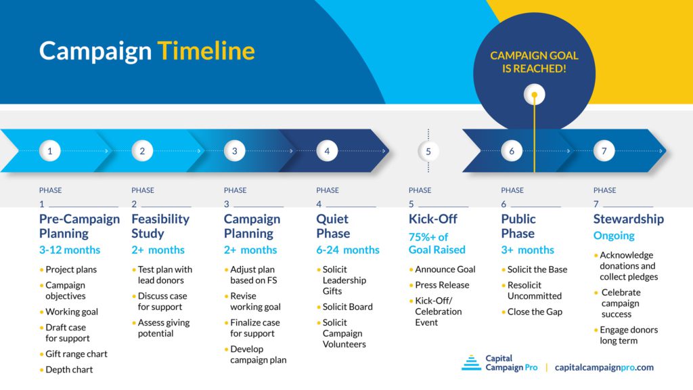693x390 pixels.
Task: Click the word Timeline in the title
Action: [206, 51]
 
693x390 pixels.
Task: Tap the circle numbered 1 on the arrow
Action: [49, 151]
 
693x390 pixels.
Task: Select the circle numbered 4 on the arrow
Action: [327, 151]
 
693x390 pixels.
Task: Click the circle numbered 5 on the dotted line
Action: [428, 151]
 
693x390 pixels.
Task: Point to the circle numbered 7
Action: [604, 151]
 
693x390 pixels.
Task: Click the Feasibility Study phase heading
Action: [160, 226]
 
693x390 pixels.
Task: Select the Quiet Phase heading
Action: [333, 226]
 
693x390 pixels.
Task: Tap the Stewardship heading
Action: [628, 219]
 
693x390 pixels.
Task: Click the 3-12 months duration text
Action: [70, 250]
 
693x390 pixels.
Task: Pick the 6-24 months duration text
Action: [348, 250]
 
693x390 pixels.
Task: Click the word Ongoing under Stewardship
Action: [614, 236]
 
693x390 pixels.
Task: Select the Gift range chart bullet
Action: [76, 354]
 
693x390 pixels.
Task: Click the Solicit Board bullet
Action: [347, 307]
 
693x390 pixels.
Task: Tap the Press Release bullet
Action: [442, 285]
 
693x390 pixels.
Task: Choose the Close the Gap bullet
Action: [535, 311]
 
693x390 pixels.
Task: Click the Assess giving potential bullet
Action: [163, 328]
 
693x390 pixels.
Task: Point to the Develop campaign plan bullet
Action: [258, 355]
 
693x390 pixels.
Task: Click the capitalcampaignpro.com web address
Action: [604, 367]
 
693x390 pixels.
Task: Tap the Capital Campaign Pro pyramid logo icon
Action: [471, 363]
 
